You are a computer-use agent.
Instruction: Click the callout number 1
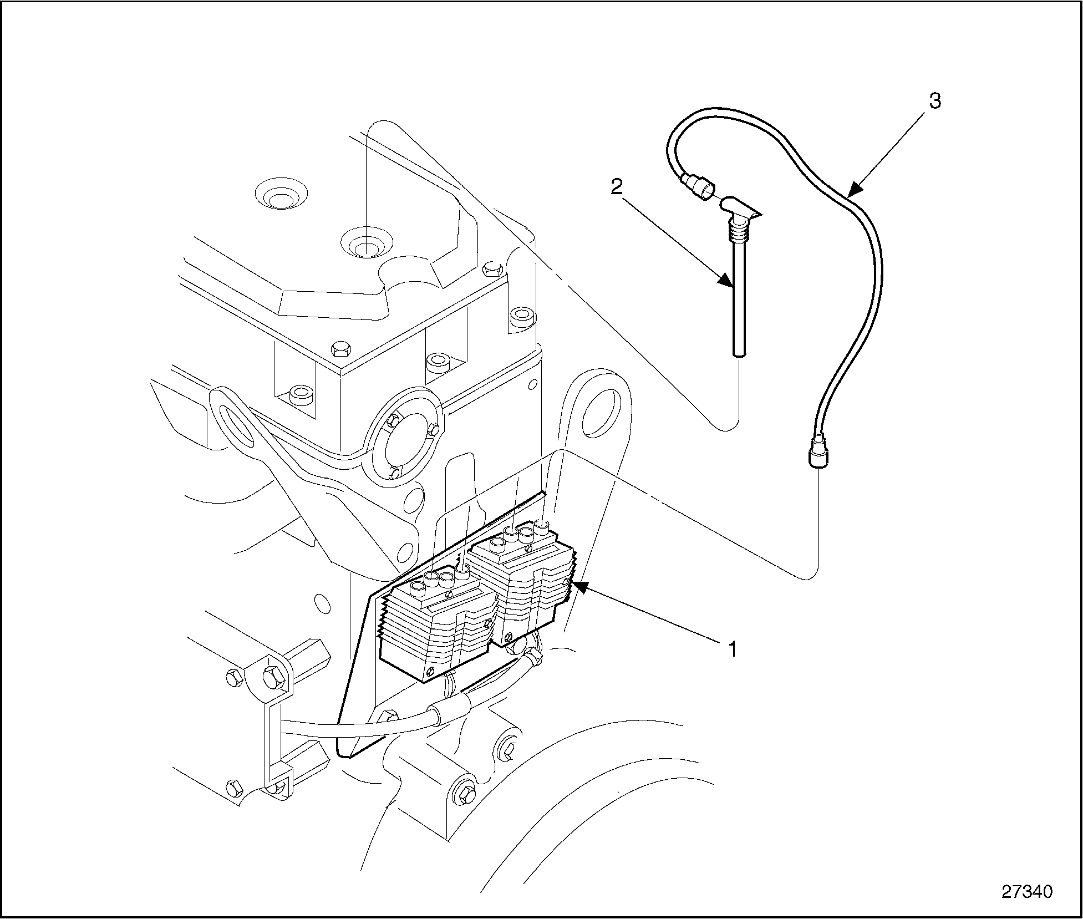coord(733,648)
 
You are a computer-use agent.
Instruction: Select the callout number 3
coord(934,101)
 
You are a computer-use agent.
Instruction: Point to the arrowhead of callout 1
coord(577,585)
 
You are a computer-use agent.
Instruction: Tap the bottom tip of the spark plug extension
coord(739,353)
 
